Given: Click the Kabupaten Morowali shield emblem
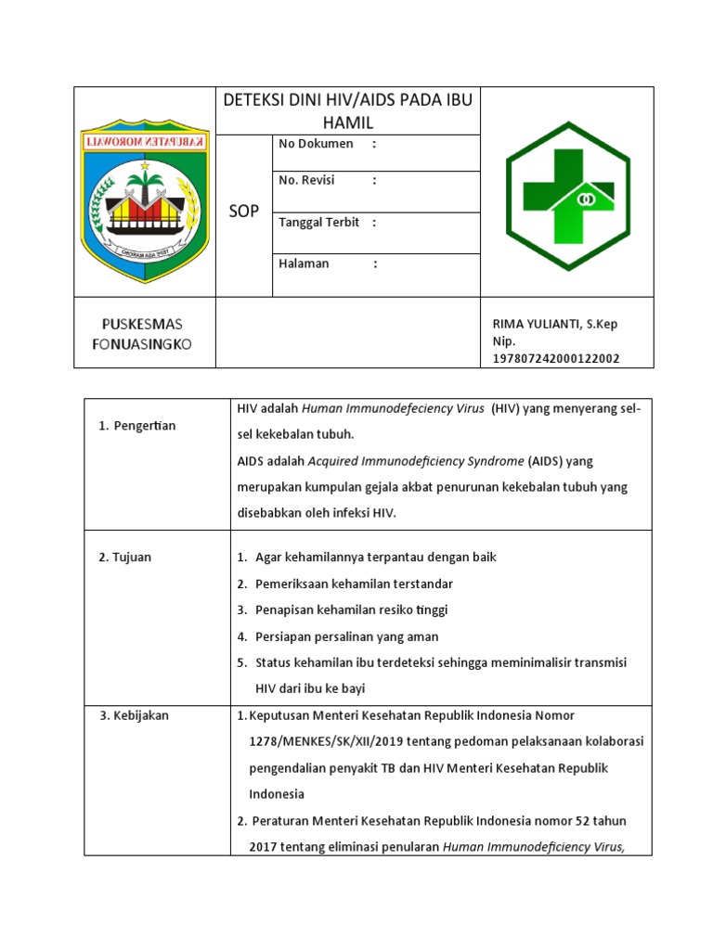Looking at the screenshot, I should coord(145,192).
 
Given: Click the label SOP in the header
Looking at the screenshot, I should coord(243,212).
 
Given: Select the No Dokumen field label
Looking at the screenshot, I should coord(316,144).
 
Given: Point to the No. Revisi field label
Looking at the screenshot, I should coord(306,180).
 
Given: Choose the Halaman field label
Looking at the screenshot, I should coord(304,263).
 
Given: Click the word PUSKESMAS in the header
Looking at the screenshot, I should coord(142,324).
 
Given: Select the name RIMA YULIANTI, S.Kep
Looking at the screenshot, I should coord(554,324).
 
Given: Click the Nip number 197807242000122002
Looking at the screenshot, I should coord(556,359).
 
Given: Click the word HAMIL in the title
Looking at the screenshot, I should coord(347,122).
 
